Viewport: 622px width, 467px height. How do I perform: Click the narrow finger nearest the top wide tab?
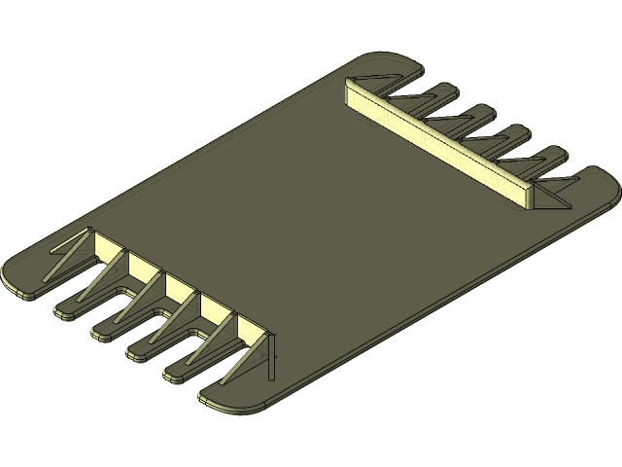tap(443, 93)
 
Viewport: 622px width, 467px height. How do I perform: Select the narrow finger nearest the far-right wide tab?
tap(551, 155)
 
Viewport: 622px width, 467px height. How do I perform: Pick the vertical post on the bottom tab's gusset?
tap(271, 356)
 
